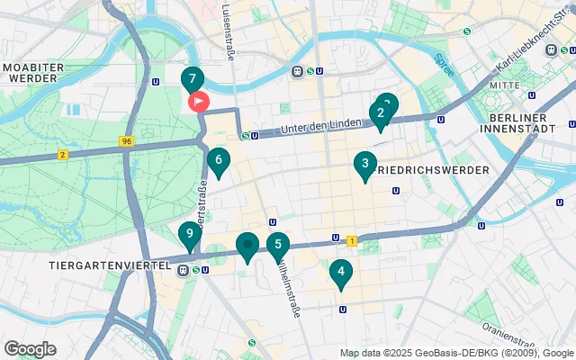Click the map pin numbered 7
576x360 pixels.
pyautogui.click(x=192, y=79)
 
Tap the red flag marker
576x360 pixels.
pyautogui.click(x=197, y=102)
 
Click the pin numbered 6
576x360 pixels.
pyautogui.click(x=218, y=161)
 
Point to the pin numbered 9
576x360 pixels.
pyautogui.click(x=188, y=237)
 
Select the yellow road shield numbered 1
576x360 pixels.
pyautogui.click(x=351, y=240)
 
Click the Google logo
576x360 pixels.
pyautogui.click(x=30, y=349)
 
